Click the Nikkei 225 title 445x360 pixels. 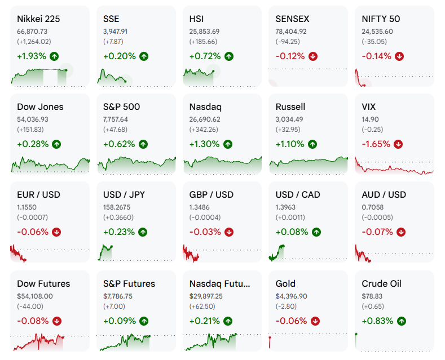(x=38, y=19)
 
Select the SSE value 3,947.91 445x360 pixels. (x=115, y=32)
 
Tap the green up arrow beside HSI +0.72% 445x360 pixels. (x=229, y=56)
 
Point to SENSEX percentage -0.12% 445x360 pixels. (x=290, y=56)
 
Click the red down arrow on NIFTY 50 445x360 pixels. (x=399, y=56)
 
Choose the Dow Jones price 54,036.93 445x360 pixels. (x=33, y=119)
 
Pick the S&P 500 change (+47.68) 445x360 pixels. (x=115, y=130)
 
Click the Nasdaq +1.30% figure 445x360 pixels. (x=204, y=144)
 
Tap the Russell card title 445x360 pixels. (x=290, y=107)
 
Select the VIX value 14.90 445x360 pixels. (x=370, y=119)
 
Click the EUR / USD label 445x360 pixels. (x=38, y=195)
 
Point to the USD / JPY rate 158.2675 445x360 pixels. (x=117, y=207)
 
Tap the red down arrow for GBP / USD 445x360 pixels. (x=229, y=232)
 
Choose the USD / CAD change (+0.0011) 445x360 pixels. (x=290, y=217)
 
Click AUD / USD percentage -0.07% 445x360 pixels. (x=377, y=232)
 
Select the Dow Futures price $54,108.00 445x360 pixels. (x=35, y=296)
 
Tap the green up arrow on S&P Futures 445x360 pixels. (x=144, y=321)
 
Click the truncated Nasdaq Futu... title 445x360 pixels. (x=219, y=284)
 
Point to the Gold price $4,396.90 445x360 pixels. (x=291, y=296)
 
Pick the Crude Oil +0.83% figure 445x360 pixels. (x=377, y=321)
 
